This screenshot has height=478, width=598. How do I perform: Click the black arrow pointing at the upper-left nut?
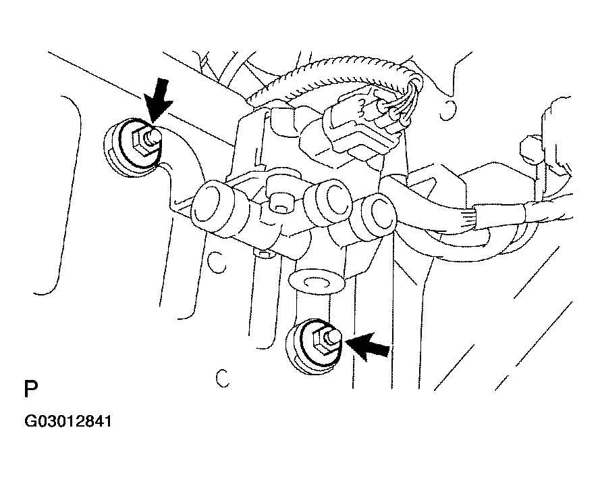[x=157, y=100]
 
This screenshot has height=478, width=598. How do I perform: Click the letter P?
[x=31, y=389]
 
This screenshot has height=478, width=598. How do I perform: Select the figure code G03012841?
[x=68, y=421]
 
